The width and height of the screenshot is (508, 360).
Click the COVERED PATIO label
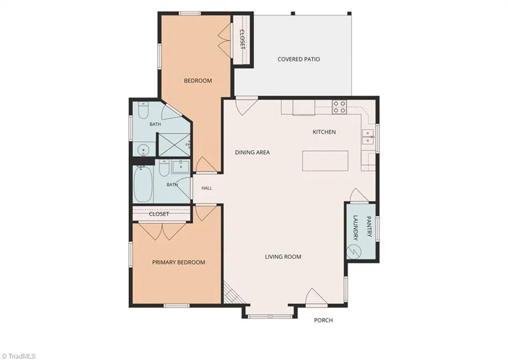tap(299, 59)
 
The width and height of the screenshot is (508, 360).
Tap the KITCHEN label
tap(324, 132)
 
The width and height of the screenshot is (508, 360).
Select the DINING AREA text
tap(252, 153)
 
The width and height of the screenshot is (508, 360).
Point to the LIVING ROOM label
tap(283, 257)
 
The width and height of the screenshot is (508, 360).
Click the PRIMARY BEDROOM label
tap(178, 262)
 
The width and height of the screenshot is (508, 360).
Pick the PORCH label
tap(323, 320)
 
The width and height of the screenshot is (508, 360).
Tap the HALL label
tap(207, 188)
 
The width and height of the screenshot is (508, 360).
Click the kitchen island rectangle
tap(325, 161)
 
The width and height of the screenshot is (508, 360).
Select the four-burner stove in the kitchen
tap(339, 107)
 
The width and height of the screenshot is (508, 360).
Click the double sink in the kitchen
tap(368, 137)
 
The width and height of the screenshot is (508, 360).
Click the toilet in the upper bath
tap(143, 111)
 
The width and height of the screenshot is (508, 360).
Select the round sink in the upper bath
tap(143, 150)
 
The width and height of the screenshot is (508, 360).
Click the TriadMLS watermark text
tap(18, 356)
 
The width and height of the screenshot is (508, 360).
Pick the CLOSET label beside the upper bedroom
tap(242, 39)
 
